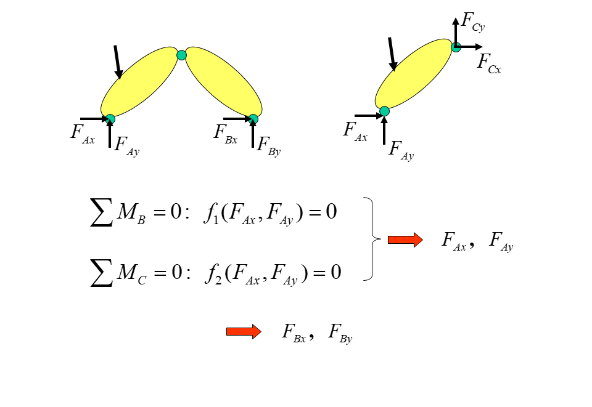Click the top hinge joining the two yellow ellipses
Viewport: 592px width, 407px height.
181,55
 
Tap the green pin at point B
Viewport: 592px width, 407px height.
253,119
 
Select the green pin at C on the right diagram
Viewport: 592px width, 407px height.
456,47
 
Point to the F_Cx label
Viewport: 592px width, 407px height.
489,63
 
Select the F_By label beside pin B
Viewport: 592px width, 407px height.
268,147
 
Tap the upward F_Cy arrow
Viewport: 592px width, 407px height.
456,28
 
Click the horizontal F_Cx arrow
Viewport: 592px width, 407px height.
470,47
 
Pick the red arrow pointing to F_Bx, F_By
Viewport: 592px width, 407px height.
244,332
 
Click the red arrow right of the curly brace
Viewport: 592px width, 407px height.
405,240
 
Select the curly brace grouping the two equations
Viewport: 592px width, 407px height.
371,239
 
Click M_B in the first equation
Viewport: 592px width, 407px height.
131,213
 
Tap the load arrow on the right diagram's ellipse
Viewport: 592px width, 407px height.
392,54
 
